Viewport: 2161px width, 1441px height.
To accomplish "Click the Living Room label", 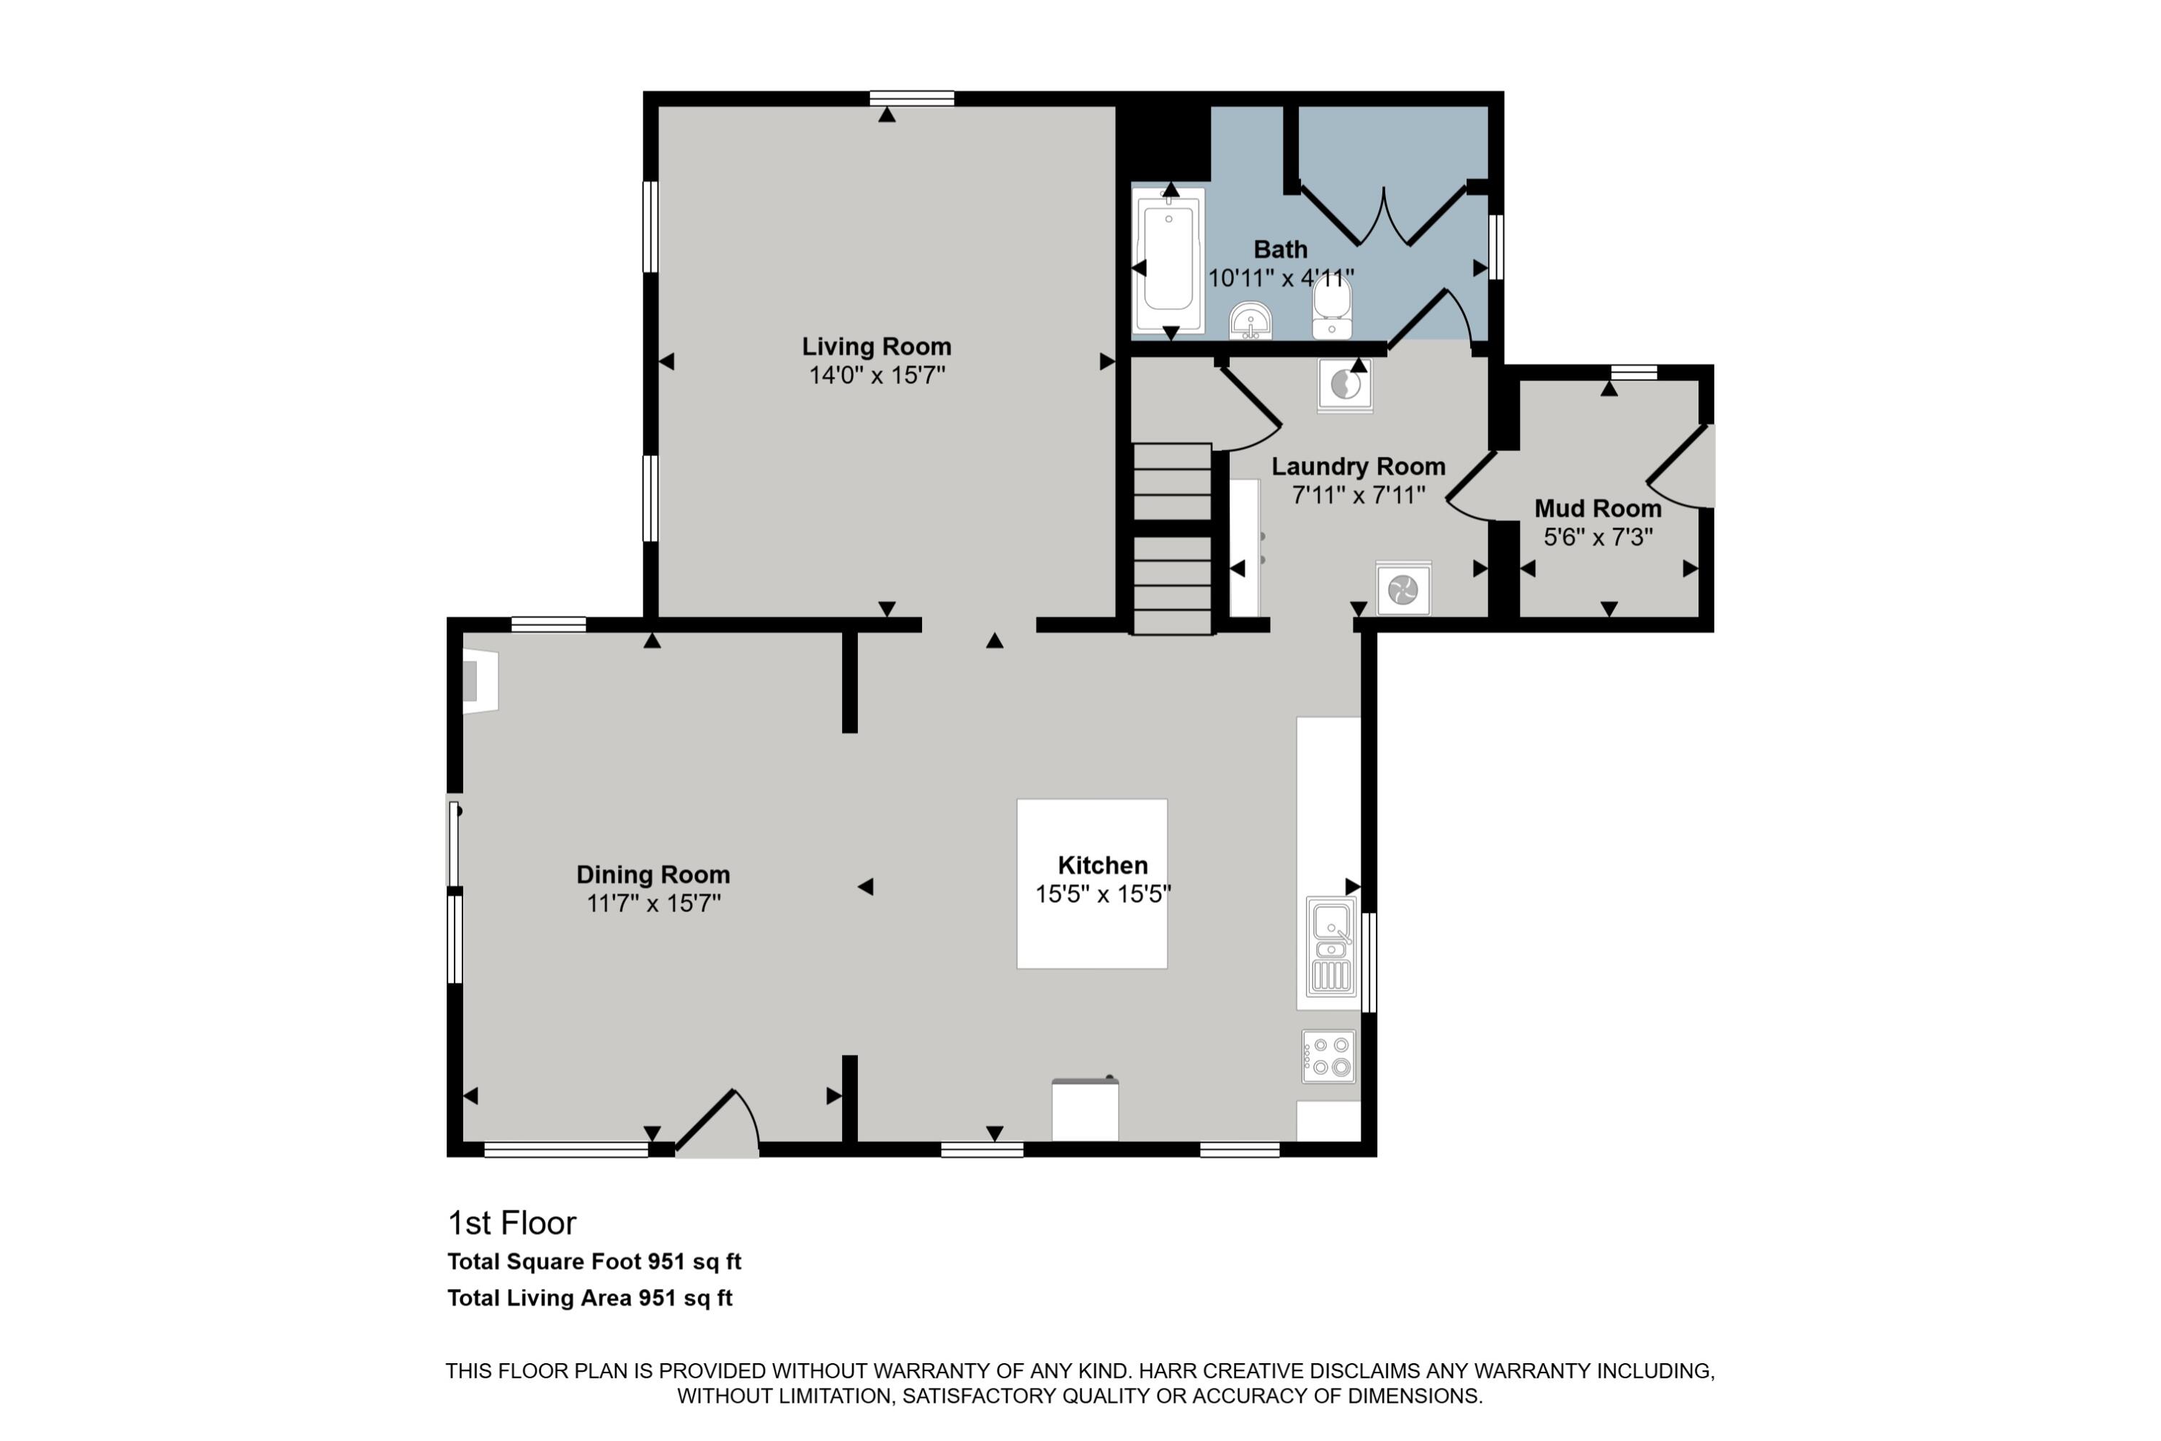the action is (877, 347).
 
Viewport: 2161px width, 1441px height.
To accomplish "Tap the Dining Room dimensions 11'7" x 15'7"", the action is (653, 904).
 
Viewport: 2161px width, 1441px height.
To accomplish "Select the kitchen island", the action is (1091, 883).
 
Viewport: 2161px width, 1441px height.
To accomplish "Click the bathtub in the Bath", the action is (1168, 260).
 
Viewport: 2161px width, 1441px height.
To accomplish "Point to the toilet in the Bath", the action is (1331, 307).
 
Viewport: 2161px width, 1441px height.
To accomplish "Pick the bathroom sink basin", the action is (1250, 320).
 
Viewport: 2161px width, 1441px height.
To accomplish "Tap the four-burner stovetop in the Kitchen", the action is (1328, 1056).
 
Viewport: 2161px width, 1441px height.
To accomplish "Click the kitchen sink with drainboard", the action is (1330, 947).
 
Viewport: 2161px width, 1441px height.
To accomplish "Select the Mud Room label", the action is (1598, 508).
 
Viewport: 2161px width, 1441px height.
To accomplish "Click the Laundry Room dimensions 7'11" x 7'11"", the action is (1358, 496).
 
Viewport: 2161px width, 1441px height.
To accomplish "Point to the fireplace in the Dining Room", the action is (480, 681).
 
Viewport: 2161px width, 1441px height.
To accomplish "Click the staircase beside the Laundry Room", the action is (1173, 538).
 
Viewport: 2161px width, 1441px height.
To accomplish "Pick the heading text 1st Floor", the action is (511, 1223).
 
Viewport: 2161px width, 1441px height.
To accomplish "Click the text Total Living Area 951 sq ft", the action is (590, 1298).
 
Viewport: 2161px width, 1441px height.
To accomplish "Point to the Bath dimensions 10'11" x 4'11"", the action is (1281, 277).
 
